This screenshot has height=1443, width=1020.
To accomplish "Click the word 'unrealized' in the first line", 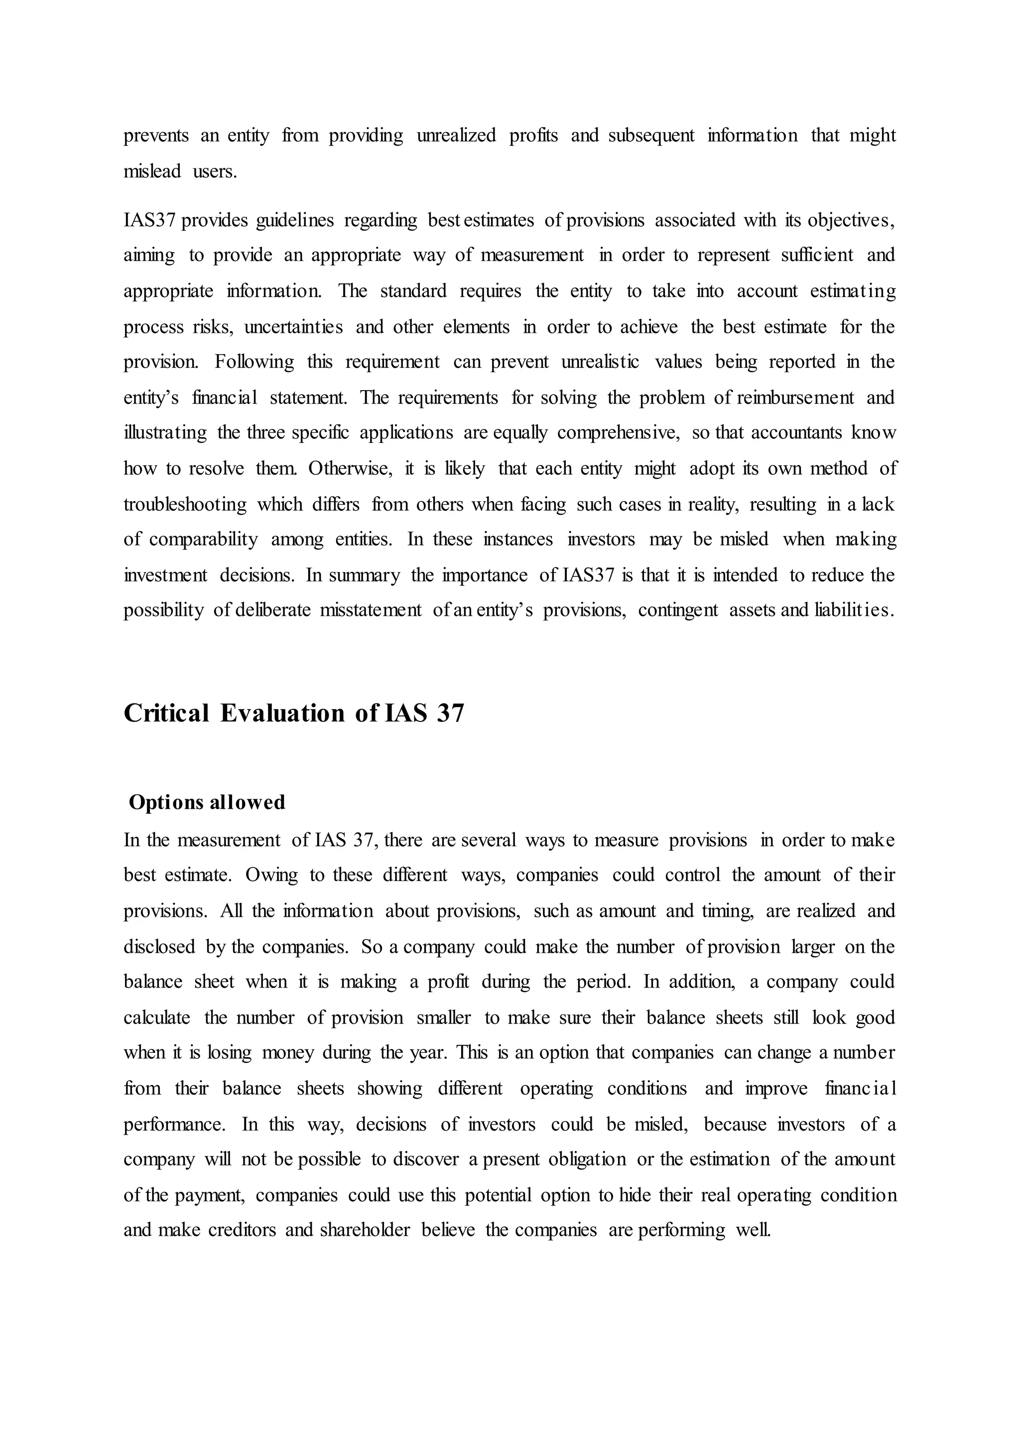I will coord(456,135).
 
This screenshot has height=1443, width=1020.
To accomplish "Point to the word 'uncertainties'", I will coord(293,327).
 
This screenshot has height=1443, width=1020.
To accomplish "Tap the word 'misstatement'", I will coord(371,611).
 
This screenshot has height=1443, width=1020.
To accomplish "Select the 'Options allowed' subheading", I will coord(207,803).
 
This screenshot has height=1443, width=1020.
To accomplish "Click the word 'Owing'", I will coord(271,875).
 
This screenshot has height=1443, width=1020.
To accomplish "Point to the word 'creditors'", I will coord(242,1230).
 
